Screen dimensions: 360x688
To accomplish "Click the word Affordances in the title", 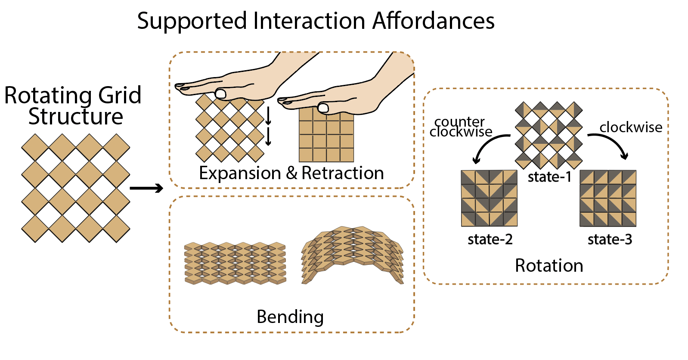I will point(434,21).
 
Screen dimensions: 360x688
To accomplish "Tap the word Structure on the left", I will point(76,117).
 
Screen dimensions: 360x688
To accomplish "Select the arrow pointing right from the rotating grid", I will point(146,188).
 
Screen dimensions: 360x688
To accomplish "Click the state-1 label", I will point(549,177).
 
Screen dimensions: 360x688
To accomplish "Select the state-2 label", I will point(490,239).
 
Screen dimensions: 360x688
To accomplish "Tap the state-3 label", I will point(610,239).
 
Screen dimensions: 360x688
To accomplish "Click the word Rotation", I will point(549,266).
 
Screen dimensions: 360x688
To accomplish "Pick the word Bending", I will point(290,317).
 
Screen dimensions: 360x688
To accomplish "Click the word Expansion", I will point(239,173).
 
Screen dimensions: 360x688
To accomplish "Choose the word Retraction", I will point(342,173).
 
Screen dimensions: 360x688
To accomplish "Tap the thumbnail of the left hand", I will point(221,93).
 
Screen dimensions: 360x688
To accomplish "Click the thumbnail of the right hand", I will point(323,108).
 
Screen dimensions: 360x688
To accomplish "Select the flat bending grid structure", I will point(235,263).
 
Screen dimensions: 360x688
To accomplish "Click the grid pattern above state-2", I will point(489,198).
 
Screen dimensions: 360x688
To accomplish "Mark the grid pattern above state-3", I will point(608,198).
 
